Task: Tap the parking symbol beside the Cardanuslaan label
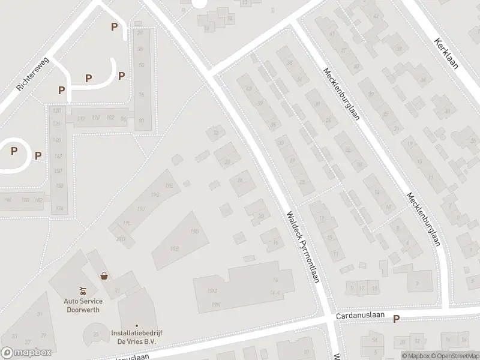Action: pyautogui.click(x=395, y=319)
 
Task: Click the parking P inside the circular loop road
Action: pyautogui.click(x=14, y=150)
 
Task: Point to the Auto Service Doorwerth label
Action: pyautogui.click(x=83, y=305)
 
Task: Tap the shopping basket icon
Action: pyautogui.click(x=105, y=277)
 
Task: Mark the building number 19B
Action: pyautogui.click(x=175, y=248)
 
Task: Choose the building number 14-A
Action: pyautogui.click(x=275, y=293)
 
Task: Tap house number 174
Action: pyautogui.click(x=59, y=209)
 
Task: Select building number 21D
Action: pyautogui.click(x=121, y=238)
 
